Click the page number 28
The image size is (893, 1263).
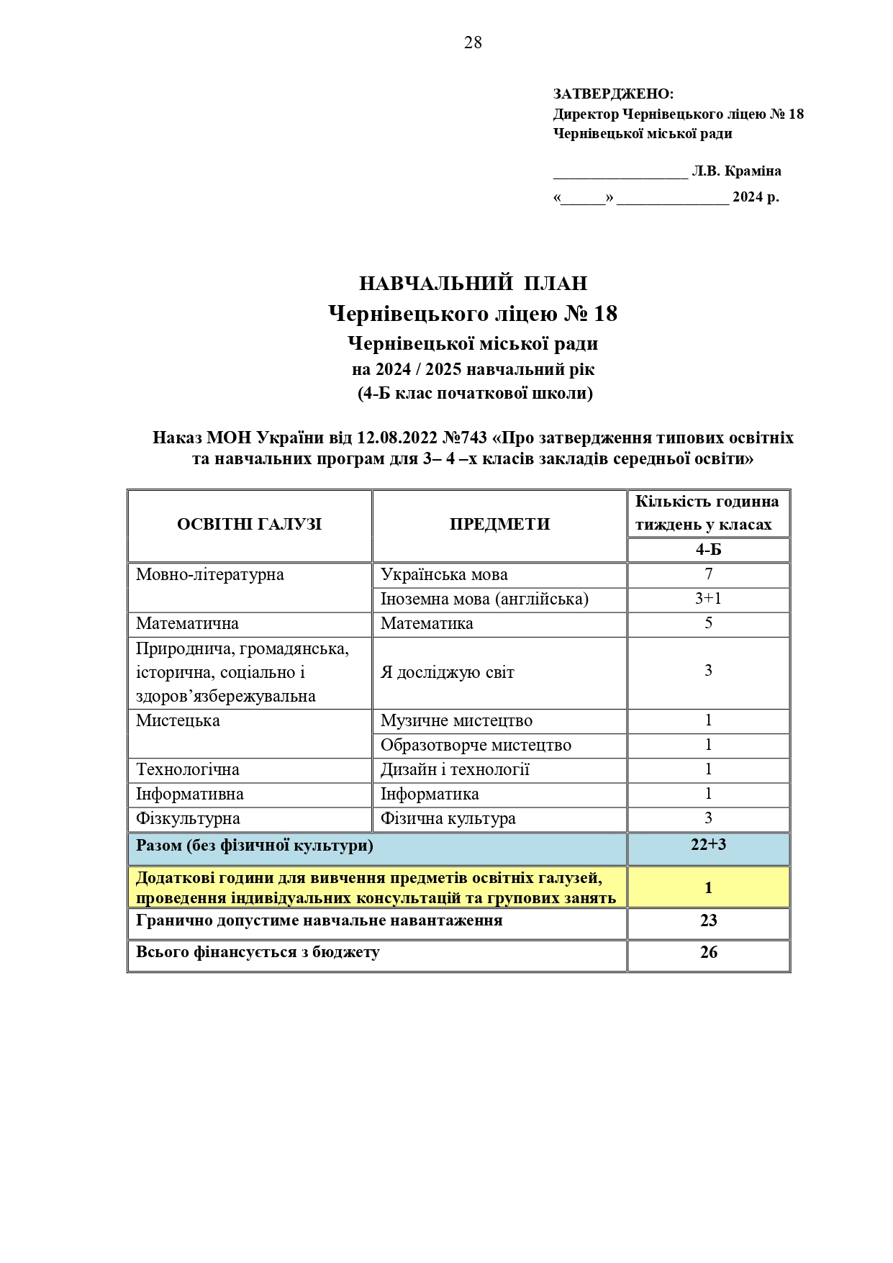tap(473, 43)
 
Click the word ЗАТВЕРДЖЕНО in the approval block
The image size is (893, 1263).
tap(612, 94)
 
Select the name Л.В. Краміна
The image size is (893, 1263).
tap(736, 171)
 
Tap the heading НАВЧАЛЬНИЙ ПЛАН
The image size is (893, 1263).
tap(473, 284)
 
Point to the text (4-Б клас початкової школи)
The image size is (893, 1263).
tap(475, 394)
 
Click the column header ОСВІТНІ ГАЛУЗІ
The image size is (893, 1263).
tap(249, 525)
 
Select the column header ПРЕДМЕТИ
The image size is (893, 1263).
tap(499, 525)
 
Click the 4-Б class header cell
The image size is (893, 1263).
tap(708, 550)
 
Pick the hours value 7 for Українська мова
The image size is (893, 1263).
tap(708, 574)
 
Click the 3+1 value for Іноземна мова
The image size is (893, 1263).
tap(708, 599)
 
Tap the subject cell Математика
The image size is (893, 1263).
tap(427, 624)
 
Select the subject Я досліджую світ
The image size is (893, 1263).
tap(447, 673)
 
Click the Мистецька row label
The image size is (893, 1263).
tap(178, 721)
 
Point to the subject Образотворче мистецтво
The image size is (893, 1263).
tap(476, 746)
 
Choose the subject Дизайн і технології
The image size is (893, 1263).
tap(455, 770)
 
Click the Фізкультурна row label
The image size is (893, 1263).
tap(188, 819)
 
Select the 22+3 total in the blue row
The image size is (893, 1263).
tap(708, 845)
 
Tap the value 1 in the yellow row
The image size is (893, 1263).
tap(708, 888)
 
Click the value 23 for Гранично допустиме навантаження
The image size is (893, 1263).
tap(708, 921)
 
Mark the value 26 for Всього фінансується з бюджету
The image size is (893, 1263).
tap(708, 953)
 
